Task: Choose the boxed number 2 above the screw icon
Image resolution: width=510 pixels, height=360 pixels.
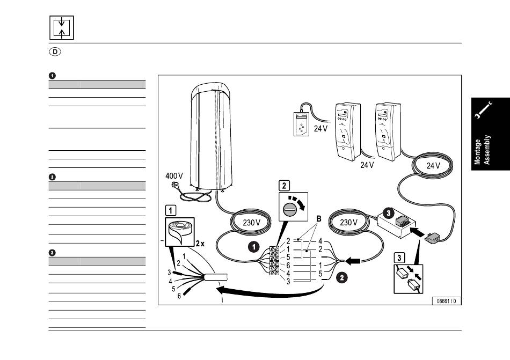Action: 283,186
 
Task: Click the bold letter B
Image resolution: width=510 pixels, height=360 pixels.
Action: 318,219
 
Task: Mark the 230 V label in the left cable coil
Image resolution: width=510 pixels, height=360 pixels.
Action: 251,222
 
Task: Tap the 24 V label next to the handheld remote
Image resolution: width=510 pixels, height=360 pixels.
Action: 321,129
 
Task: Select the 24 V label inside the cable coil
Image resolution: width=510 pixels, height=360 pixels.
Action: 433,166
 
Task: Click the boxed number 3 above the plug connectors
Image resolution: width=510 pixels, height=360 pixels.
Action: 399,258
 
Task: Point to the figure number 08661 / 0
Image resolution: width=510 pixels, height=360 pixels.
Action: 447,300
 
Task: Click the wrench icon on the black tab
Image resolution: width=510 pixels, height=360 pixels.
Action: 484,112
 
